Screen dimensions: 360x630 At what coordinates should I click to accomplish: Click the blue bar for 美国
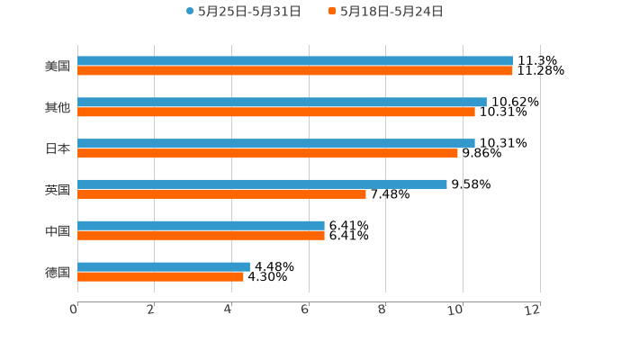(x=295, y=61)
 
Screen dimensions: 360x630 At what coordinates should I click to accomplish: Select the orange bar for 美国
(x=295, y=71)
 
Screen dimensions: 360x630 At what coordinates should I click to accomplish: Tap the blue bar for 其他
(x=282, y=103)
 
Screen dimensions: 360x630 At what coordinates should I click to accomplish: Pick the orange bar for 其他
(x=276, y=112)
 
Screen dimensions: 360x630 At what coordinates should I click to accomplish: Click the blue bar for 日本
(x=276, y=143)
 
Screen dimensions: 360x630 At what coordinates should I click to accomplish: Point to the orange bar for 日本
(x=267, y=154)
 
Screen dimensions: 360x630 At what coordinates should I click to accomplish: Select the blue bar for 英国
(x=262, y=184)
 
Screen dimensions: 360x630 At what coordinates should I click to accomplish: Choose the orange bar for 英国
(x=221, y=194)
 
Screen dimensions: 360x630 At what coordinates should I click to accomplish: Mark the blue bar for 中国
(x=201, y=226)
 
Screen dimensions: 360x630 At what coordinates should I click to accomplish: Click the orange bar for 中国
(x=201, y=236)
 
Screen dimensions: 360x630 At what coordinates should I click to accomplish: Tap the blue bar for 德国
(x=164, y=267)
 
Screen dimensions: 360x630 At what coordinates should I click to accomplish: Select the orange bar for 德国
(x=160, y=277)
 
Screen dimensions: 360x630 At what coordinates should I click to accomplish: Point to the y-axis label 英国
(x=58, y=190)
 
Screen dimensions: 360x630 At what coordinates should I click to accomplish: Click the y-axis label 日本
(x=58, y=148)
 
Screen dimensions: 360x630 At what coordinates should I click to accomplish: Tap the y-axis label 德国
(x=58, y=272)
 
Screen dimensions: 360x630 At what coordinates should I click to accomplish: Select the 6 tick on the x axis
(x=306, y=310)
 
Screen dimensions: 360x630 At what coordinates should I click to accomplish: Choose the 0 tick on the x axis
(x=74, y=310)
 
